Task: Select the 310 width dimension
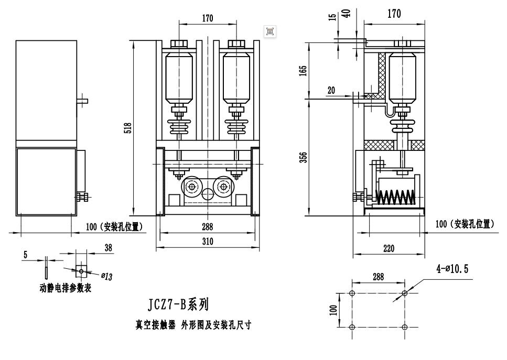[x=208, y=242]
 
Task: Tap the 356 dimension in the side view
[x=303, y=157]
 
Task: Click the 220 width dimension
[x=389, y=249]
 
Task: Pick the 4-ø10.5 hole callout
[x=452, y=269]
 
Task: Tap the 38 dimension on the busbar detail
[x=109, y=248]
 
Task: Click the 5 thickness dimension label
[x=25, y=255]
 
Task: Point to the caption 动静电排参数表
[x=66, y=288]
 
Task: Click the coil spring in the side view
[x=396, y=197]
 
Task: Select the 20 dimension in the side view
[x=331, y=90]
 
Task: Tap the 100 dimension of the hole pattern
[x=332, y=310]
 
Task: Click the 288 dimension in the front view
[x=208, y=227]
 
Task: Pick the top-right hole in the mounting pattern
[x=404, y=293]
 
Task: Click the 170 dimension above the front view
[x=208, y=19]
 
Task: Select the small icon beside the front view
[x=270, y=31]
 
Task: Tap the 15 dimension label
[x=332, y=17]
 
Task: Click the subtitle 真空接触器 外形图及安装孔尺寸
[x=193, y=325]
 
